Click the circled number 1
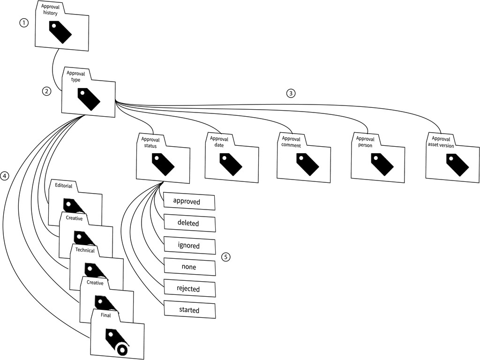(24, 22)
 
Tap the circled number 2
(46, 91)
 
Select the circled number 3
(291, 93)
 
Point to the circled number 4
(5, 176)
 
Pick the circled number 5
(226, 257)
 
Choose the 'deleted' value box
(189, 224)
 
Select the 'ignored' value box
(189, 246)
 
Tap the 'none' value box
(189, 267)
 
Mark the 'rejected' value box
(189, 289)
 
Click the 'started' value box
(189, 310)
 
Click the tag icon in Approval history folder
(60, 32)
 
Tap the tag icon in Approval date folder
(231, 164)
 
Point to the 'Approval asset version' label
(441, 142)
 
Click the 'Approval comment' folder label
(294, 142)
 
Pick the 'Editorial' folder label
(63, 186)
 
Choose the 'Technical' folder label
(85, 250)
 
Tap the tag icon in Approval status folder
(163, 165)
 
